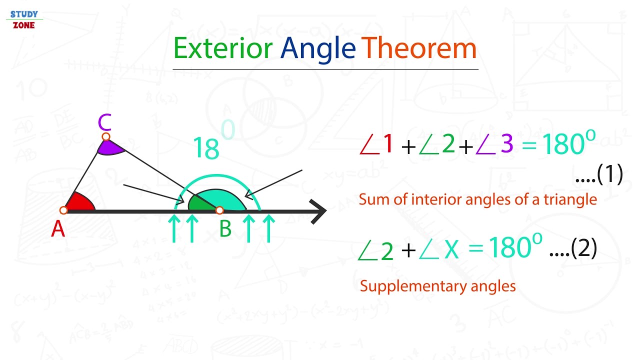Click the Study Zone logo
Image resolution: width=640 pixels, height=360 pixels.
pyautogui.click(x=24, y=19)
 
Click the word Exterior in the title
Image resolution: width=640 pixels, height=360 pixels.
pyautogui.click(x=223, y=48)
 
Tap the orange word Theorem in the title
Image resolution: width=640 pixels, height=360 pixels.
pyautogui.click(x=419, y=48)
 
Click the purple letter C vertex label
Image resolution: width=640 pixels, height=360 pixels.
pyautogui.click(x=104, y=122)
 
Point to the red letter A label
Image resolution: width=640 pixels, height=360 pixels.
pyautogui.click(x=58, y=229)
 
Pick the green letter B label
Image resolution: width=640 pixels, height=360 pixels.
pyautogui.click(x=225, y=229)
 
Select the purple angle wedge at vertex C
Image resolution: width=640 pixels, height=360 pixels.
pyautogui.click(x=110, y=147)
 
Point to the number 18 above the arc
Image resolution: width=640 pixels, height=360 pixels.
pyautogui.click(x=205, y=148)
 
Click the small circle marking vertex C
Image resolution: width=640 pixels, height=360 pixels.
pyautogui.click(x=105, y=136)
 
